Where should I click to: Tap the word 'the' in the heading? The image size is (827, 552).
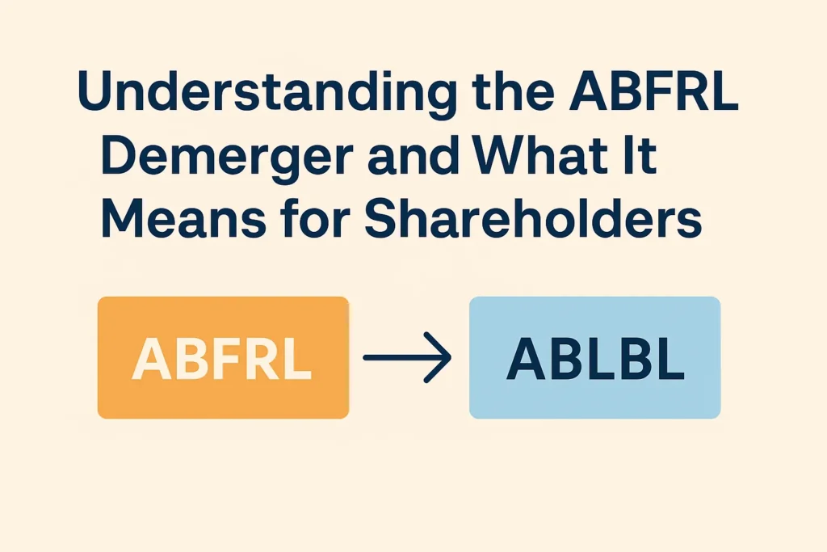(x=510, y=95)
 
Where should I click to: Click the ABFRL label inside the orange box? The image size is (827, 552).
(x=222, y=357)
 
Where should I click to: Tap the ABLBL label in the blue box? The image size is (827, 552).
(x=595, y=357)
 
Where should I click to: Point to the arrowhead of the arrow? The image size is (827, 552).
(x=443, y=357)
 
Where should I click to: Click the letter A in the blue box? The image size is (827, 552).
(x=523, y=357)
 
